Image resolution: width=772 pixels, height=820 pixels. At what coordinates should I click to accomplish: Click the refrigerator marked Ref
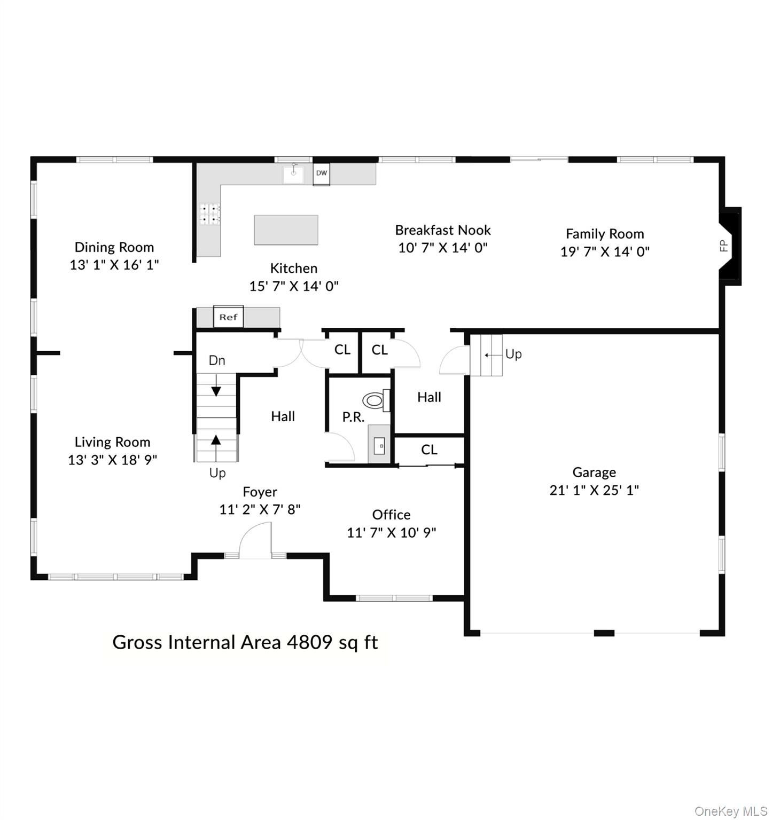pos(228,317)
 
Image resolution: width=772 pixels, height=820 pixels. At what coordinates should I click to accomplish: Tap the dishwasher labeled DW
pos(321,174)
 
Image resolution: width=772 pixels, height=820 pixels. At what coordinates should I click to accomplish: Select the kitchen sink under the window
pos(293,174)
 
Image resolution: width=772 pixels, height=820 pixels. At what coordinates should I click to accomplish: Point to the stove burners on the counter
pos(210,214)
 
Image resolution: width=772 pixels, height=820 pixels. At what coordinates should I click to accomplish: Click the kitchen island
pos(286,230)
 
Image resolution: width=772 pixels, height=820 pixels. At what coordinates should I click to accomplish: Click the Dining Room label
pos(114,247)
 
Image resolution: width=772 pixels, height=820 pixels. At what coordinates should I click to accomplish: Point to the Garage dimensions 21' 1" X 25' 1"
pos(594,490)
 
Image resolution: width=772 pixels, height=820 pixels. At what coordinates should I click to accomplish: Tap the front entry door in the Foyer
pos(255,542)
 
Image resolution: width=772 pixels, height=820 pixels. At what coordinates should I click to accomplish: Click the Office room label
pos(391,515)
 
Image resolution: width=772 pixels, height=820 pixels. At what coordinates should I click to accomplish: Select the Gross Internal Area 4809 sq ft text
pos(245,642)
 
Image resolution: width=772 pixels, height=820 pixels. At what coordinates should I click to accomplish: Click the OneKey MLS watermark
pos(730,811)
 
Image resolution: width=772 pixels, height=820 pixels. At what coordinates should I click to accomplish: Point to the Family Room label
pos(605,234)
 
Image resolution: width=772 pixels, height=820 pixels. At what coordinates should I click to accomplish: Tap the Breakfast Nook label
pos(443,230)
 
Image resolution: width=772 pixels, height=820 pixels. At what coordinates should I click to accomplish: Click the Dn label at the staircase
pos(216,360)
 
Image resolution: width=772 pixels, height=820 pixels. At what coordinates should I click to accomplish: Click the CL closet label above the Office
pos(429,450)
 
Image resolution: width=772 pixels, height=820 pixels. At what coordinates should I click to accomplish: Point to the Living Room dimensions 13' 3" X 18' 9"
pos(112,460)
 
